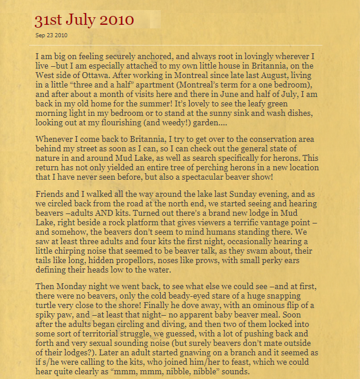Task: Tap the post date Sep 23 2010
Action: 51,35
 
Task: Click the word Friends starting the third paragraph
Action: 51,194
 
